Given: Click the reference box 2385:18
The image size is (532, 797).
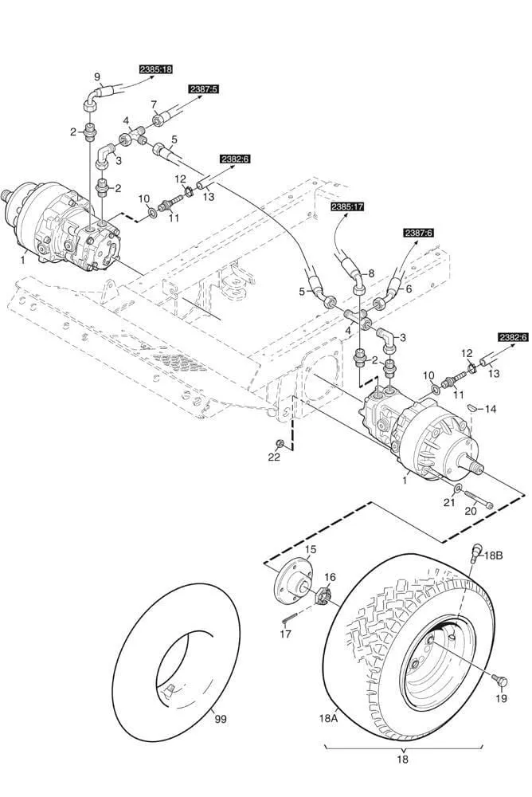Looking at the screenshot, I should (x=156, y=69).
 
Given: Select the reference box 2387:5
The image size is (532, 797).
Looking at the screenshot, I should (x=202, y=89).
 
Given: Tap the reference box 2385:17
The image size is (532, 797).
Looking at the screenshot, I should (x=347, y=207).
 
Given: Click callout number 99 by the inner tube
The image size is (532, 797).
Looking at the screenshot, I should (x=220, y=719).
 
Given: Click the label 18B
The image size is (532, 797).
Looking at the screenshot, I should (x=495, y=556).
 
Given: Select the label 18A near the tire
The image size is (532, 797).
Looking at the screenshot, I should (x=329, y=717).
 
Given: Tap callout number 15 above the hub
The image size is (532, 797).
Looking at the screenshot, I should (x=310, y=549).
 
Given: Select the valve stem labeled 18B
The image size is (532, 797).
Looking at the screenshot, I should (x=475, y=551).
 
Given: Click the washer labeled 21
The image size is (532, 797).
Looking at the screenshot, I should (x=458, y=488).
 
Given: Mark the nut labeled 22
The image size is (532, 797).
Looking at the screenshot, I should (x=279, y=443).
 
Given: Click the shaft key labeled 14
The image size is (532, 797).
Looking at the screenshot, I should (x=471, y=406).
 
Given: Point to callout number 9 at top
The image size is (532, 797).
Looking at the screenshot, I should (x=97, y=77).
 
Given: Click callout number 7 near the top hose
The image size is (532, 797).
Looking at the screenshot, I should (x=155, y=104).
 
